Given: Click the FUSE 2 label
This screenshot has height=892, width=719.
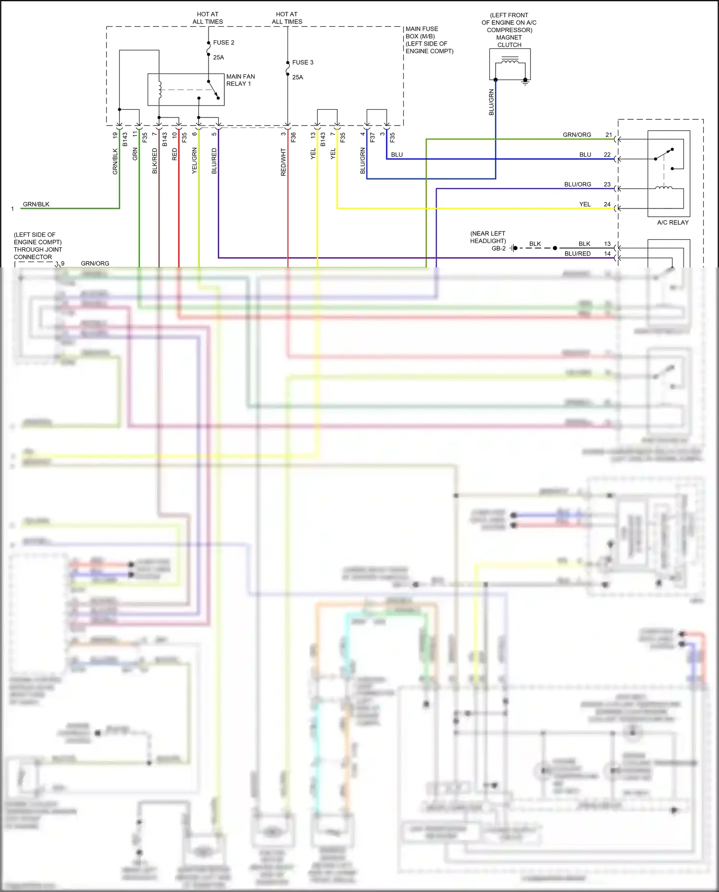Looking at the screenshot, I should [223, 43].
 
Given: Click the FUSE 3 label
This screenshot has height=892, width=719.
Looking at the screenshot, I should [302, 62].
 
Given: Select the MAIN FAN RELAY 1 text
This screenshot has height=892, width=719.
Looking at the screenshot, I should [240, 80].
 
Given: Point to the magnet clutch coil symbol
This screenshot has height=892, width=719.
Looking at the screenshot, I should [510, 61].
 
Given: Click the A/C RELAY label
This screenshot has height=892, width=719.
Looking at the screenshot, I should [673, 222].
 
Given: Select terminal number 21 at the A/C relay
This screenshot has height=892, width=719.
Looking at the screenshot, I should [608, 135].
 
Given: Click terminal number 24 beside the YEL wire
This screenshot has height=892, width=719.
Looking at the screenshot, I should [607, 204].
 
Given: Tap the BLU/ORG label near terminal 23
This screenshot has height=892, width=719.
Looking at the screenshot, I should [577, 185].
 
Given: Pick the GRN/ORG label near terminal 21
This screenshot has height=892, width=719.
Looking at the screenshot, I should [577, 135].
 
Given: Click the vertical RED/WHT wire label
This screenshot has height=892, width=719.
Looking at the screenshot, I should [283, 162].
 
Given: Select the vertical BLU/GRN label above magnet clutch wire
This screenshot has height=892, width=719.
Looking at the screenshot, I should [491, 102].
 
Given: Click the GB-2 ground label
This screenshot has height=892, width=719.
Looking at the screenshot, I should [499, 248].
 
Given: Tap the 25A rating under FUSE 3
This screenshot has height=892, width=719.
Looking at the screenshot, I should [297, 77].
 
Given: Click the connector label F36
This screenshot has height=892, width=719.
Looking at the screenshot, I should [293, 138].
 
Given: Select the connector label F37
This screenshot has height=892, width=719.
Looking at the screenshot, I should [372, 138].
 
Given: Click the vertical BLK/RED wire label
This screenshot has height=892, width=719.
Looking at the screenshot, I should [155, 161].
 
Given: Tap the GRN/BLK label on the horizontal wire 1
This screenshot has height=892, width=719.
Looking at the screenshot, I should [36, 204].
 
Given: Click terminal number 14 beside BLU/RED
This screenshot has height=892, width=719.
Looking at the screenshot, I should [607, 254].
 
